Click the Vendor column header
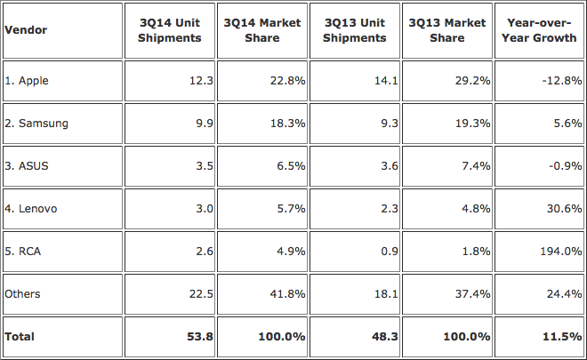click(x=27, y=30)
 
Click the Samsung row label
click(x=36, y=124)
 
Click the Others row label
click(x=23, y=293)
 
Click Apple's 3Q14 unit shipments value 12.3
click(x=192, y=81)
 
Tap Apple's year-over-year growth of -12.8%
click(x=563, y=81)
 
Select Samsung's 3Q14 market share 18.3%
click(x=285, y=124)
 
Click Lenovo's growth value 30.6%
click(x=566, y=208)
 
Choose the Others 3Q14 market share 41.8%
click(x=285, y=293)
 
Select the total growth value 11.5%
click(x=564, y=337)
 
